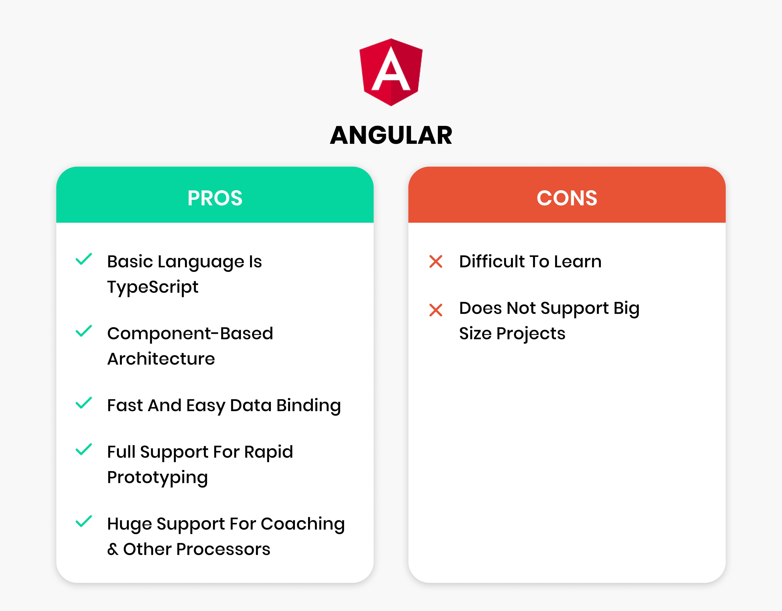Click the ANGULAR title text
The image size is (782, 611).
tap(391, 135)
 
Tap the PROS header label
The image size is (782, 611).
tap(215, 198)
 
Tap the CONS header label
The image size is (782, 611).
tap(567, 198)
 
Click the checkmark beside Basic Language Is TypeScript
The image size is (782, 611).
tap(84, 259)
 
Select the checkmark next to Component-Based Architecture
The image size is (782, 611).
tap(84, 331)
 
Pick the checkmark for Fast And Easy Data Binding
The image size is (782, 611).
tap(84, 403)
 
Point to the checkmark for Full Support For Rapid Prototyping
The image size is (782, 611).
tap(84, 450)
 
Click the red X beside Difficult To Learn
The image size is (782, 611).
tap(436, 262)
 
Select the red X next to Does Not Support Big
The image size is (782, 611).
tap(436, 310)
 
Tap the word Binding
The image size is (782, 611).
tap(309, 406)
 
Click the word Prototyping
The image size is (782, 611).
tap(158, 478)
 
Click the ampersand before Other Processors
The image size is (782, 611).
tap(112, 549)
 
